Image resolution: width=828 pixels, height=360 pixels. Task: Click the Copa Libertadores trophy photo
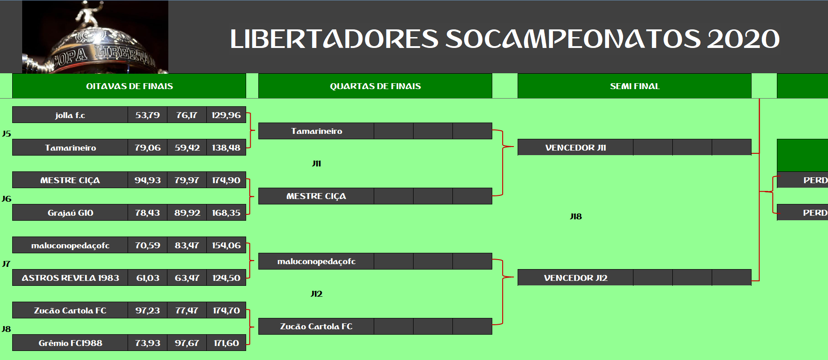(95, 37)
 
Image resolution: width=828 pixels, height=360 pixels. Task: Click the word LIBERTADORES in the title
(334, 39)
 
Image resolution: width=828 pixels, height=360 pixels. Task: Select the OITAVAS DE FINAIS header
(129, 86)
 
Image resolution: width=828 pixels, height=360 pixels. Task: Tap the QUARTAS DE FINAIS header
(375, 86)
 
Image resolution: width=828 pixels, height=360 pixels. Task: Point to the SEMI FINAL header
(634, 86)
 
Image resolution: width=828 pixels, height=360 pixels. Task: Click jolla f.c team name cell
(70, 115)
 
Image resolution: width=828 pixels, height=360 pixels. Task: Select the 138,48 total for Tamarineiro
(226, 147)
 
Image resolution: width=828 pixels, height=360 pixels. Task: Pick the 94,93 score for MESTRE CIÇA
(148, 180)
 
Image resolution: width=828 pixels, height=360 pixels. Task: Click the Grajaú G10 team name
(70, 213)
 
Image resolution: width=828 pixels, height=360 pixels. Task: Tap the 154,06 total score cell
(226, 245)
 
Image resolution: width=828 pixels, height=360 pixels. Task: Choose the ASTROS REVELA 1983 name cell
(70, 278)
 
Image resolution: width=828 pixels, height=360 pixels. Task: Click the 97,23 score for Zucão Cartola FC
(148, 310)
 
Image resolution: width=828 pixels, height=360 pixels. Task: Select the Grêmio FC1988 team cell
(70, 343)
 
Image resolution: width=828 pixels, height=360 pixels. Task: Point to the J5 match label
(6, 133)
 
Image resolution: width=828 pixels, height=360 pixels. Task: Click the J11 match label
(316, 163)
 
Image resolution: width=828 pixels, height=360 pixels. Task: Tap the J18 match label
(576, 216)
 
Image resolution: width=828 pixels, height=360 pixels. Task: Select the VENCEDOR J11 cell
(576, 147)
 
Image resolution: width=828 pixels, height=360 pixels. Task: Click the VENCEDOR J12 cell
(576, 278)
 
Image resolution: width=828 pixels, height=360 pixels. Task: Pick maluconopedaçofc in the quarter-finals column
(316, 261)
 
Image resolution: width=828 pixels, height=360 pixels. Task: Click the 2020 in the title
(743, 39)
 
